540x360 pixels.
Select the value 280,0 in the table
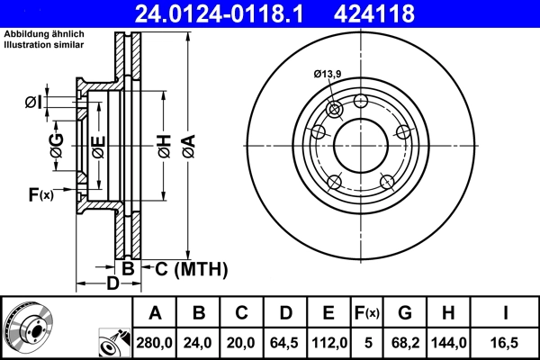click(155, 341)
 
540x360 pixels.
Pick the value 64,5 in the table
click(284, 341)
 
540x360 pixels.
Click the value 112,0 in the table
click(328, 341)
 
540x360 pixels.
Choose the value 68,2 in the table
click(405, 341)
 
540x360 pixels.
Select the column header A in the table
click(155, 313)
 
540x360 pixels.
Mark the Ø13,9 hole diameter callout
click(328, 74)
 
